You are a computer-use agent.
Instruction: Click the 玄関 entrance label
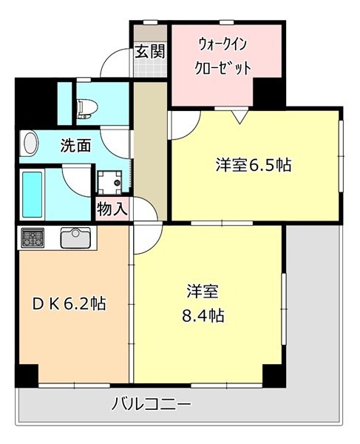pyautogui.click(x=149, y=52)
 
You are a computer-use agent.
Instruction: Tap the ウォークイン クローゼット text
pyautogui.click(x=223, y=56)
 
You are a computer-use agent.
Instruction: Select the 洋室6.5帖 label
pyautogui.click(x=254, y=165)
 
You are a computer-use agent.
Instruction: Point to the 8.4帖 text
pyautogui.click(x=203, y=315)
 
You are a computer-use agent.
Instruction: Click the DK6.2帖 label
pyautogui.click(x=69, y=304)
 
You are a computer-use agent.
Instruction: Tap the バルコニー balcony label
pyautogui.click(x=152, y=403)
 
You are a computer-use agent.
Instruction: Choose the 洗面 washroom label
pyautogui.click(x=76, y=146)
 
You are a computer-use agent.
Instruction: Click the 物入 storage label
pyautogui.click(x=112, y=209)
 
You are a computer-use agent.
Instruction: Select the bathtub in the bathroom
pyautogui.click(x=33, y=194)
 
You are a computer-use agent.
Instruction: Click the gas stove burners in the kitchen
pyautogui.click(x=33, y=238)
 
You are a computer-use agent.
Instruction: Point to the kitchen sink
pyautogui.click(x=76, y=238)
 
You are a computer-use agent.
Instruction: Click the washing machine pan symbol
pyautogui.click(x=109, y=182)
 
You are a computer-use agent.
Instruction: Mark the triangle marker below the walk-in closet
pyautogui.click(x=240, y=117)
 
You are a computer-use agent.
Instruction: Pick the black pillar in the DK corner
pyautogui.click(x=27, y=375)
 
